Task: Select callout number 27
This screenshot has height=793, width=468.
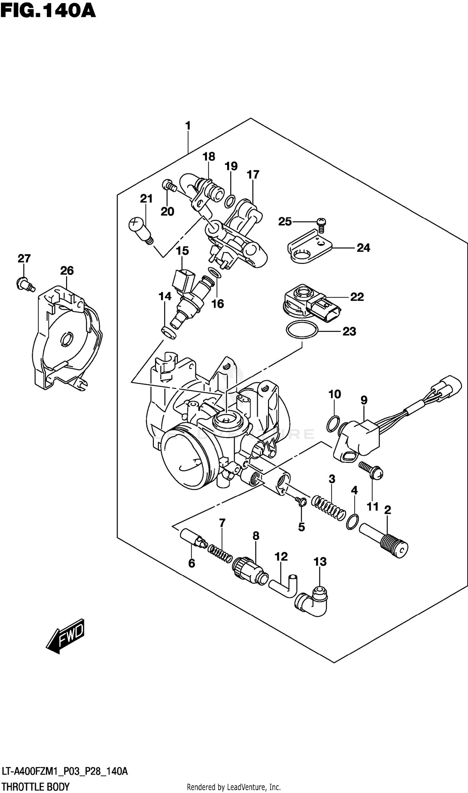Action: pos(24,259)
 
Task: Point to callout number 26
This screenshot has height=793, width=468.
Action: pos(67,270)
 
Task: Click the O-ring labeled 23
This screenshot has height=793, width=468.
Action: pos(302,330)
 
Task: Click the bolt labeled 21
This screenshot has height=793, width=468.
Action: pos(141,230)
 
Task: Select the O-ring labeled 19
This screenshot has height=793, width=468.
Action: pos(230,202)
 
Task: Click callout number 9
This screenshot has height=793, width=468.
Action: pos(364,400)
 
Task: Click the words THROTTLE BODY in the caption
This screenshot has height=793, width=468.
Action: pos(35,787)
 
